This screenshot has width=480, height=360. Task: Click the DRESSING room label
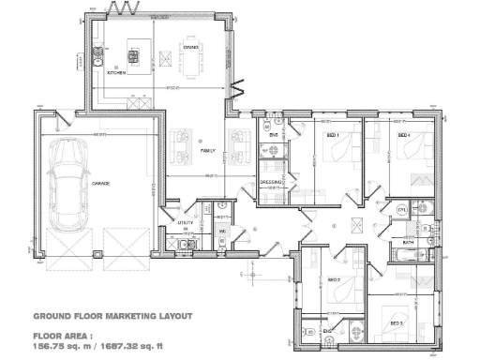click(272, 182)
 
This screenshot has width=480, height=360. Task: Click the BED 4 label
click(403, 137)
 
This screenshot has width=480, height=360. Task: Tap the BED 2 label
click(333, 280)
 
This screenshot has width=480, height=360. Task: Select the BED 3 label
click(396, 323)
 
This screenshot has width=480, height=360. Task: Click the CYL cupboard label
click(401, 211)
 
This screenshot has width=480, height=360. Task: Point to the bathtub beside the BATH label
click(423, 254)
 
